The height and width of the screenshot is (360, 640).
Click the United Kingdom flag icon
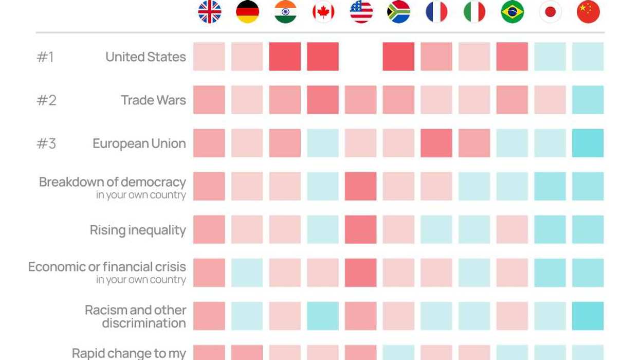point(210,12)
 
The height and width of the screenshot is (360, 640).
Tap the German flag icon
point(247,12)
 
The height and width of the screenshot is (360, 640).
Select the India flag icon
point(285,12)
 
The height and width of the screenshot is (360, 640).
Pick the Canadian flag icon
point(323,12)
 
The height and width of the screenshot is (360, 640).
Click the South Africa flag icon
point(398,12)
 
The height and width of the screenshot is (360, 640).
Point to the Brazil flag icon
point(512,12)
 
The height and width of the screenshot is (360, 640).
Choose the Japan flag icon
point(550,12)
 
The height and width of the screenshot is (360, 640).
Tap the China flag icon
point(588,12)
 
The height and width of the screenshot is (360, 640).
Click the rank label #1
point(46,57)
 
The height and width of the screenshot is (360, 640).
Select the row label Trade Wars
point(153,100)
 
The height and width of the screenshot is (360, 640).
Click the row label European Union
point(139,143)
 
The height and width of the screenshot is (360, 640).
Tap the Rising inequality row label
point(138,230)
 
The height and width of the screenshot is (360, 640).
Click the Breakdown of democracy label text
point(113,182)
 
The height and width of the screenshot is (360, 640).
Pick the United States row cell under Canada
point(323,57)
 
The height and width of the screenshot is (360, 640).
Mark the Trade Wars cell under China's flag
point(588,100)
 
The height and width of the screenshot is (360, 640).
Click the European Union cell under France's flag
point(436,143)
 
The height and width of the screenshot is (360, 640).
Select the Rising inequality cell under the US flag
point(361,229)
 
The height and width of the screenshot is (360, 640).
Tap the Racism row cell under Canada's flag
point(323,316)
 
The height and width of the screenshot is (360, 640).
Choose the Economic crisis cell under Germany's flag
point(247,273)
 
